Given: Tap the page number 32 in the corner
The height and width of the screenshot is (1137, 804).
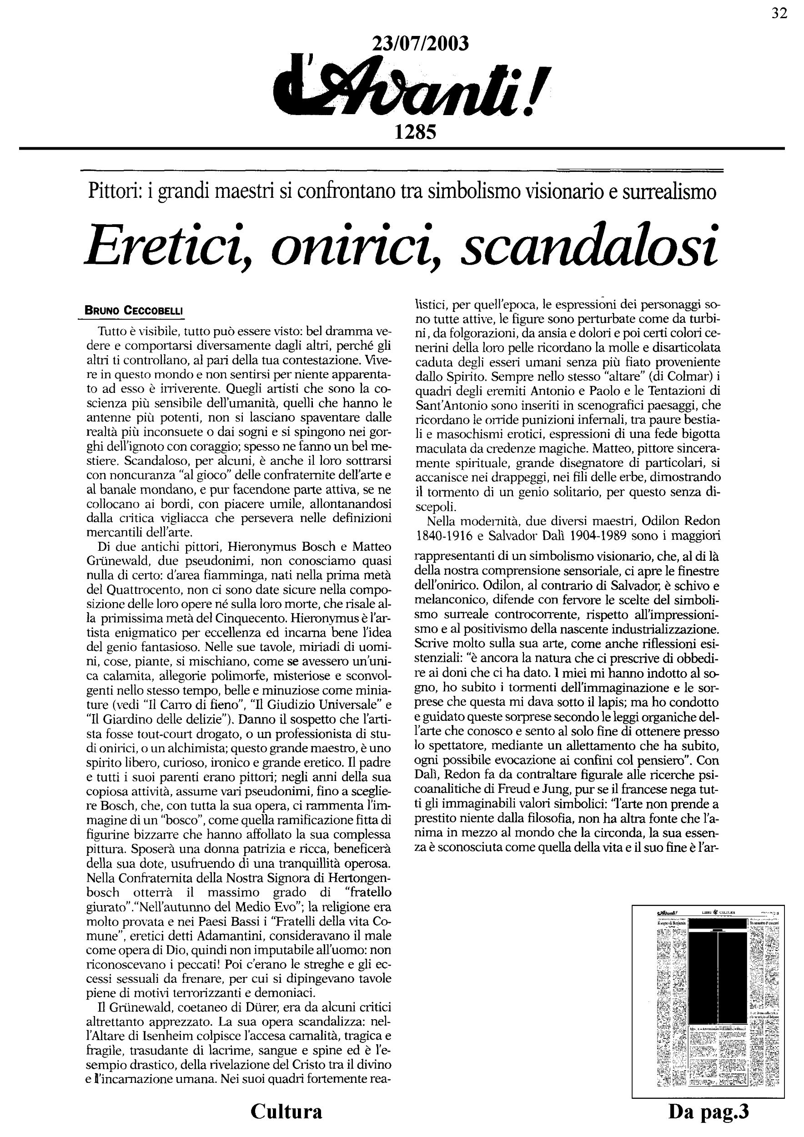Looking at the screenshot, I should (779, 13).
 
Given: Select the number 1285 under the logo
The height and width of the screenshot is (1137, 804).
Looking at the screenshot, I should (415, 132).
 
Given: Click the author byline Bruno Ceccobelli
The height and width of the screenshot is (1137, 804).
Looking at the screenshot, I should (135, 311).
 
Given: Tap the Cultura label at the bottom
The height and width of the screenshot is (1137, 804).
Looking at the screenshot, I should (286, 1111).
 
